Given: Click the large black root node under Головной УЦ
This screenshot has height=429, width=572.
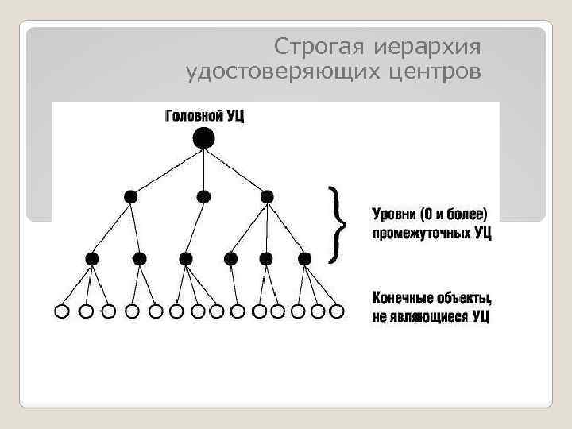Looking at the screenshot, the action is (x=203, y=139).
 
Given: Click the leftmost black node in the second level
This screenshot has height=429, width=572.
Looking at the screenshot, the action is (x=130, y=195).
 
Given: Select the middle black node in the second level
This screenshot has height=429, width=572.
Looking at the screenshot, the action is (x=203, y=195).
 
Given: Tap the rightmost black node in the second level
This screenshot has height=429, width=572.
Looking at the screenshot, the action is (x=267, y=195).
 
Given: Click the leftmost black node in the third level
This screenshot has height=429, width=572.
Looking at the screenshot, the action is (x=92, y=258).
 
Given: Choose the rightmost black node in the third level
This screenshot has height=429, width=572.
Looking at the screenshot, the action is (x=303, y=258).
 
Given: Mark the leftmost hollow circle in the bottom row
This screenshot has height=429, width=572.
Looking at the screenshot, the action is (x=61, y=311).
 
